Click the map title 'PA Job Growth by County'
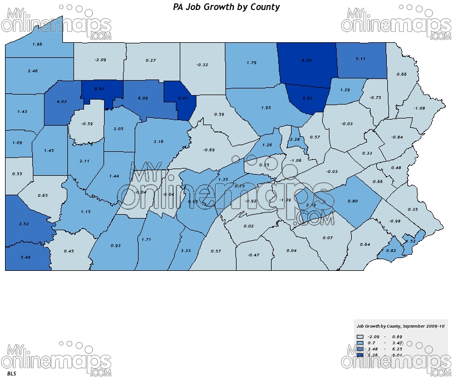pos(226,7)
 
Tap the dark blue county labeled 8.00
pos(306,60)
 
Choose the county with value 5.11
pos(360,58)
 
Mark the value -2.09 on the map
pos(100,60)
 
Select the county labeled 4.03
pos(61,101)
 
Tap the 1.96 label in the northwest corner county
pos(37,44)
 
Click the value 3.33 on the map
pos(186,251)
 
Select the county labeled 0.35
pos(412,209)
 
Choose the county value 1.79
pos(250,63)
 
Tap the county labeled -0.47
pos(253,255)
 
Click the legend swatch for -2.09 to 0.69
pos(360,337)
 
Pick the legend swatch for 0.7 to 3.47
pos(360,343)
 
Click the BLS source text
pos(12,373)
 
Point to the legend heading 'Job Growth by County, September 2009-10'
pos(401,326)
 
